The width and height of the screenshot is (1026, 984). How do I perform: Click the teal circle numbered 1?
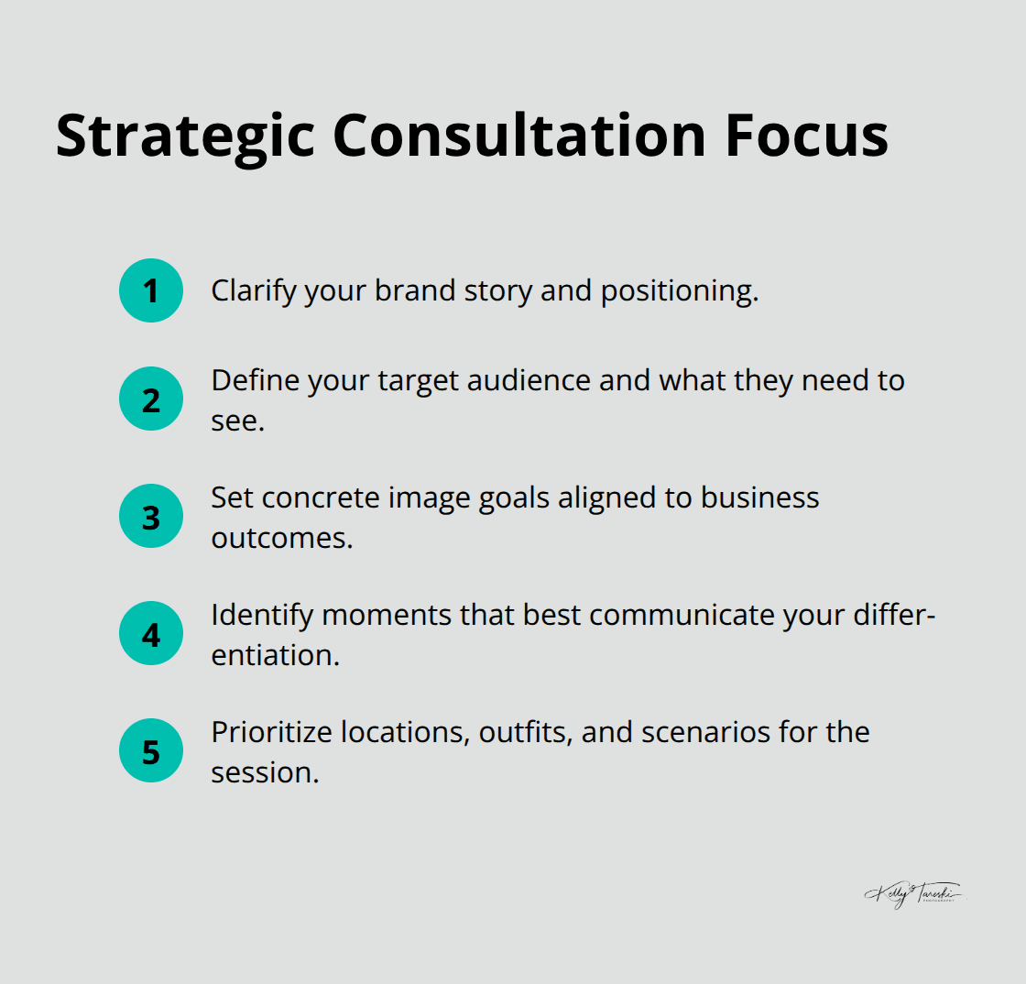coord(151,291)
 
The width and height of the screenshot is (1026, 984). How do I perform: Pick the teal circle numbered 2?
coord(151,399)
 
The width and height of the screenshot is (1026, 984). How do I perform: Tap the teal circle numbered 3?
coord(151,517)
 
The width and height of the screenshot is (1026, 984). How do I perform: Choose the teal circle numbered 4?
coord(151,634)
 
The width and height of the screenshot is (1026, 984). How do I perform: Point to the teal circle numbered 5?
coord(151,751)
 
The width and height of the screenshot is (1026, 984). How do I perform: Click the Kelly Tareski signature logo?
coord(913,892)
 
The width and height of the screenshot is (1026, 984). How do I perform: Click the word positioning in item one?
coord(679,291)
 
